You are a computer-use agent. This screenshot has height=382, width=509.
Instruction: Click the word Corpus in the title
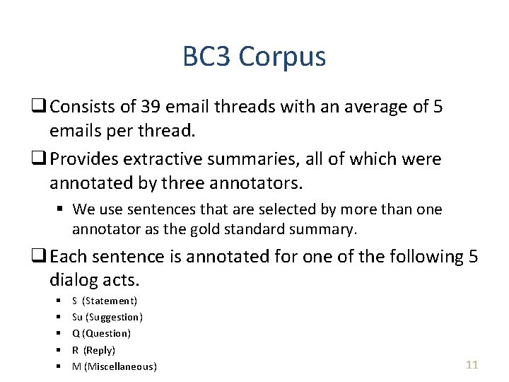pos(283,57)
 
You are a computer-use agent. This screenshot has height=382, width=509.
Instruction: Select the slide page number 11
pos(472,365)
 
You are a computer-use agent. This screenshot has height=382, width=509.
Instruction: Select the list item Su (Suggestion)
pos(107,317)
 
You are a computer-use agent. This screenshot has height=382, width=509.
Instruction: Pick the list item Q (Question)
pos(101,333)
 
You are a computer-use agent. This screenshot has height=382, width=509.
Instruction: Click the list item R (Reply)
pos(93,350)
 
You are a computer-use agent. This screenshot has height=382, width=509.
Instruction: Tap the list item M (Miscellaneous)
pos(115,366)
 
